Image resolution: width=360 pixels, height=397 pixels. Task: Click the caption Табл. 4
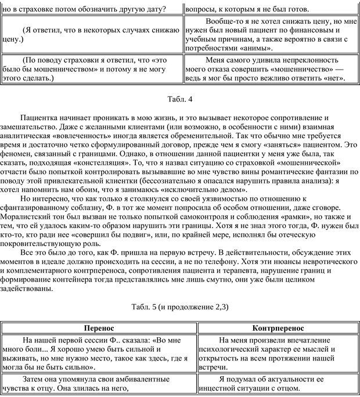coord(179,99)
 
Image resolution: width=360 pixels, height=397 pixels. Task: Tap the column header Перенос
coord(99,328)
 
